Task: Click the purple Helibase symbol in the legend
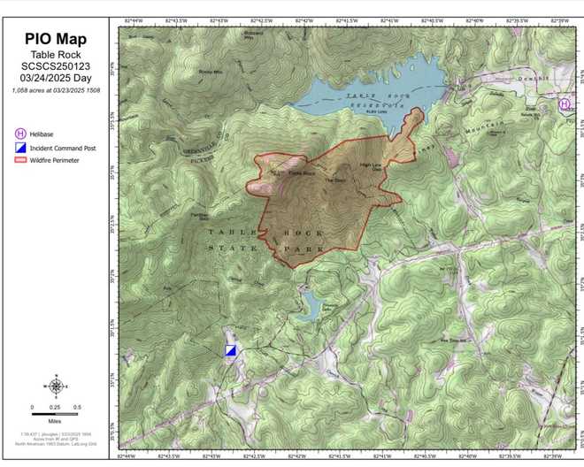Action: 20,133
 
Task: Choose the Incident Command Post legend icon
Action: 20,148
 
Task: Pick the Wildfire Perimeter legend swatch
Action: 20,161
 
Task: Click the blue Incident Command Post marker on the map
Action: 231,350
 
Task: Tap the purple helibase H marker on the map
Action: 564,104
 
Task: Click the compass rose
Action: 56,386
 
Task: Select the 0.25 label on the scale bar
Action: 55,407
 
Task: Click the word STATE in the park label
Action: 228,249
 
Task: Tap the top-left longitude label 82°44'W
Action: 131,17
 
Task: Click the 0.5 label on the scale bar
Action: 78,407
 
